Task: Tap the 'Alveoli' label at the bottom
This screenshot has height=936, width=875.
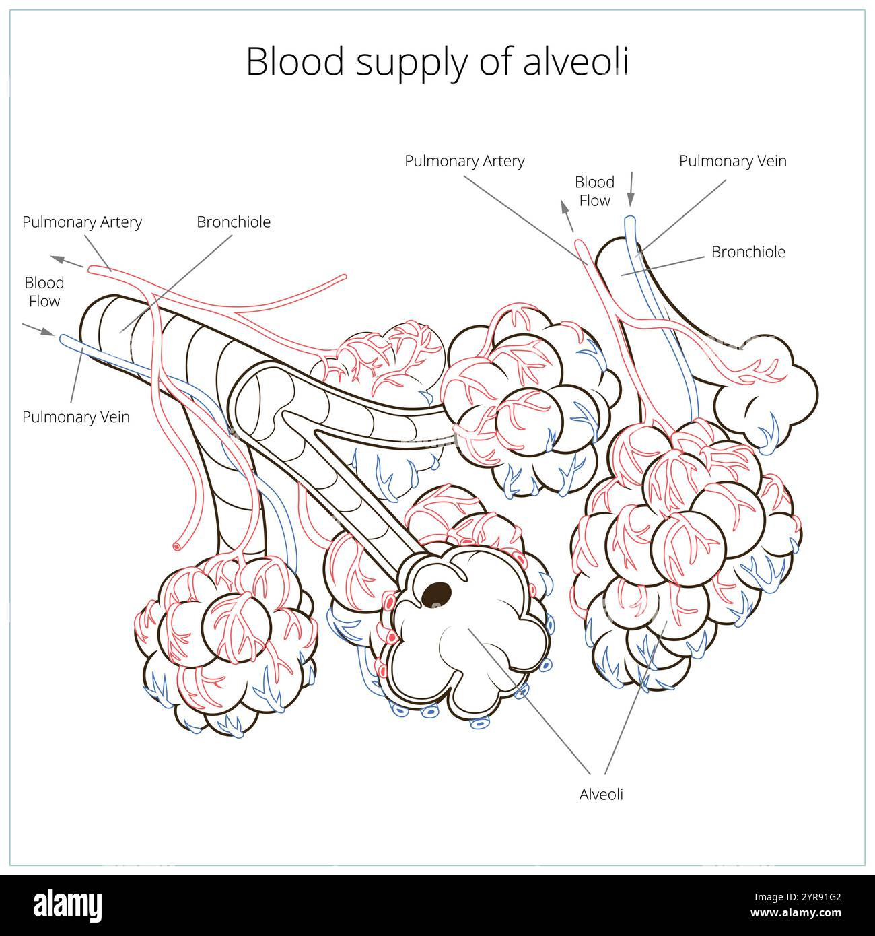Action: (601, 794)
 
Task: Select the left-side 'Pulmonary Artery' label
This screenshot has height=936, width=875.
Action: (82, 222)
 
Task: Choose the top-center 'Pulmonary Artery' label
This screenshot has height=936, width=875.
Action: (464, 161)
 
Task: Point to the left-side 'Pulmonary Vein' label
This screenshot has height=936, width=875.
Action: (76, 417)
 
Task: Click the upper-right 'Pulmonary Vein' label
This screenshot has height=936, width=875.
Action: (732, 161)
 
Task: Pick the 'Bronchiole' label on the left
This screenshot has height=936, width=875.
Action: (234, 222)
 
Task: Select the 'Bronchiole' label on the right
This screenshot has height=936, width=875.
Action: (748, 252)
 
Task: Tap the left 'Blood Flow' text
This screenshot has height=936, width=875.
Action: (44, 292)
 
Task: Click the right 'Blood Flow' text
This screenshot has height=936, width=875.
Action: (594, 191)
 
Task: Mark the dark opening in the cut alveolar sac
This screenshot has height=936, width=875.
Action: (437, 593)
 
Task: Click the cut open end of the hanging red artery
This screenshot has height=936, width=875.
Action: (177, 547)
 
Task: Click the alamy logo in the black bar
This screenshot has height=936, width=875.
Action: (67, 905)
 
